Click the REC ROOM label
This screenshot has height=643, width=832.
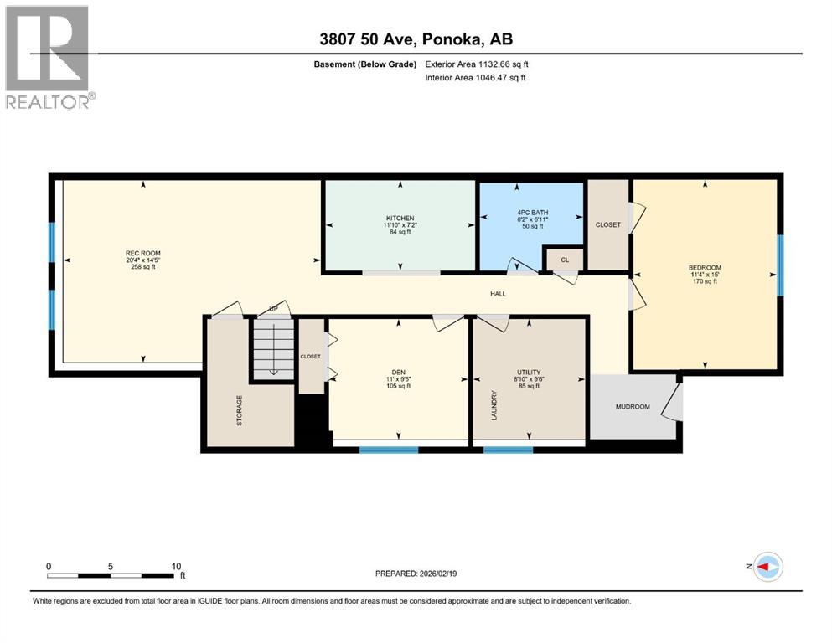click(142, 253)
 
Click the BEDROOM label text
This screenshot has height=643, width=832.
click(704, 268)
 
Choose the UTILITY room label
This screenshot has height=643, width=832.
click(529, 372)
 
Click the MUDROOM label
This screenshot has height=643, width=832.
click(633, 407)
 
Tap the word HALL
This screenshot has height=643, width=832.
click(498, 294)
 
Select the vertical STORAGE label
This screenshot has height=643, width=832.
click(240, 410)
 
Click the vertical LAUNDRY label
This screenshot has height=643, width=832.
click(494, 405)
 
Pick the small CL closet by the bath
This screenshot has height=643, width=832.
click(564, 260)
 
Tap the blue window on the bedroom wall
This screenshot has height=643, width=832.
click(779, 265)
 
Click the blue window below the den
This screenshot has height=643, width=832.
click(388, 450)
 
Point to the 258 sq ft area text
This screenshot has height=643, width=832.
click(142, 269)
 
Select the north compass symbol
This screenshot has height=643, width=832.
click(767, 567)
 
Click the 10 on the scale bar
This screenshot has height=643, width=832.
click(176, 566)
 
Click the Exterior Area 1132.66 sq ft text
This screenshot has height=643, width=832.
click(475, 64)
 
